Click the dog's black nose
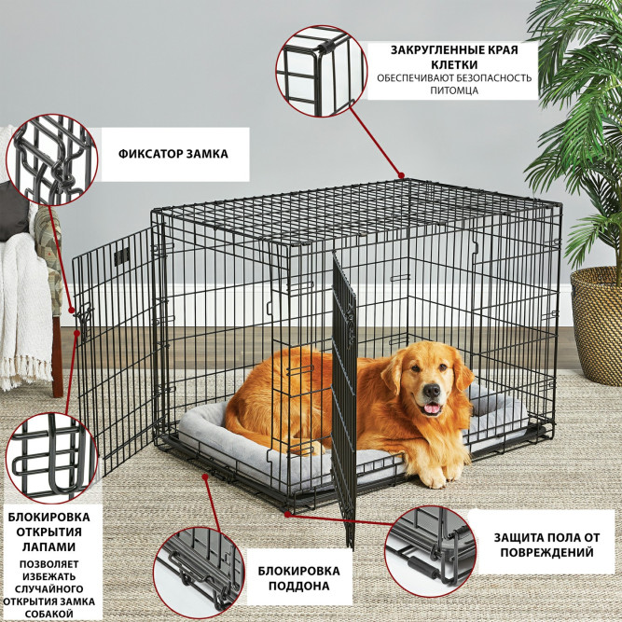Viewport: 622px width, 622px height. [431, 392]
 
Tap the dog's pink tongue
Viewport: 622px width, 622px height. [431, 408]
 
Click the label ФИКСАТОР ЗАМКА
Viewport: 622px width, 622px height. [173, 154]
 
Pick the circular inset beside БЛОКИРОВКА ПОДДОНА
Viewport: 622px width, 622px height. [198, 569]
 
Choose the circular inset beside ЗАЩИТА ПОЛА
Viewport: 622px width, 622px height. [429, 550]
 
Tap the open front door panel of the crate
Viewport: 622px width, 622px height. [343, 392]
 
